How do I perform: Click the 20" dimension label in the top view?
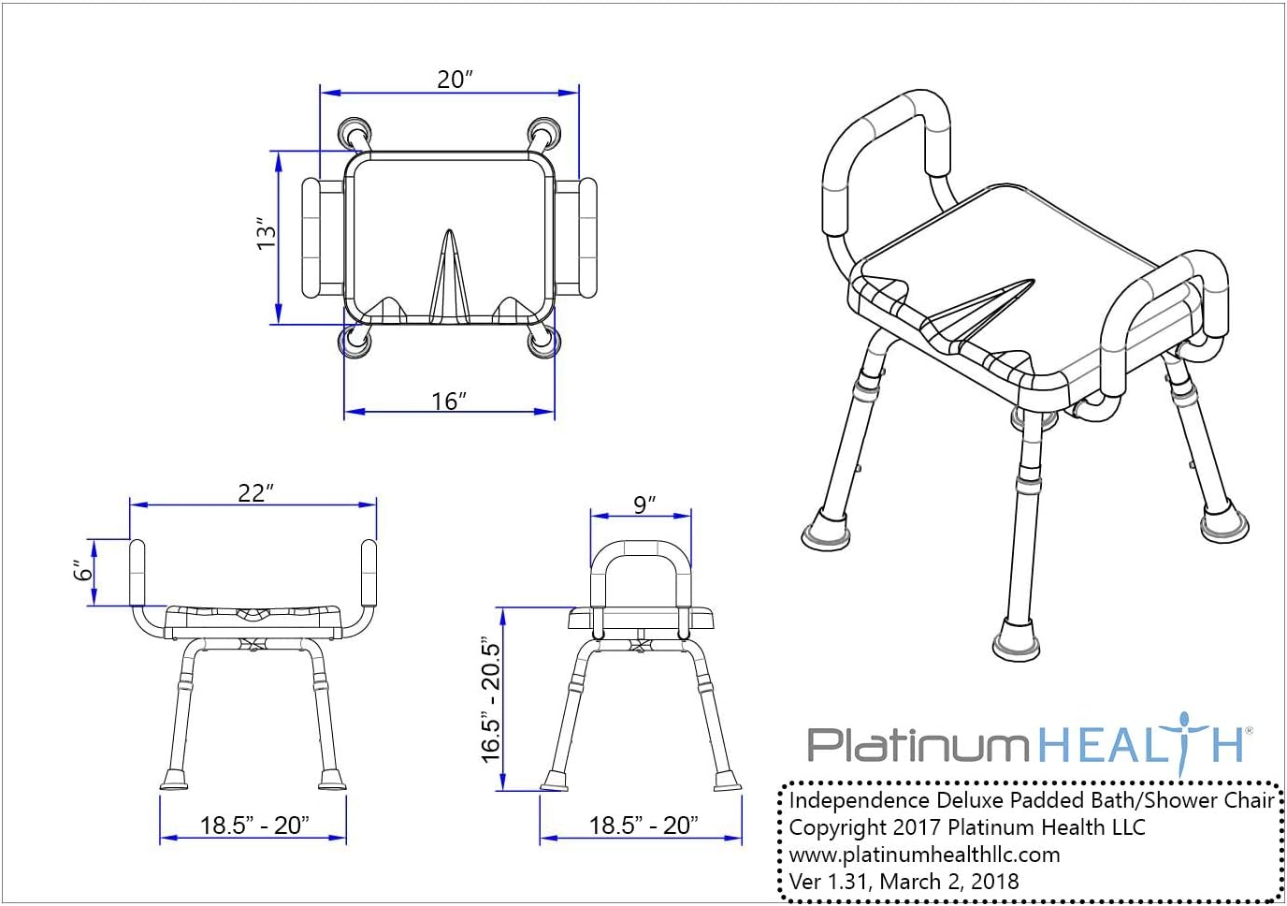click(x=455, y=79)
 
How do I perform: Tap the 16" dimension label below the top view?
click(x=449, y=401)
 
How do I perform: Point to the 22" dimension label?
click(x=255, y=492)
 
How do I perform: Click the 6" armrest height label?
click(x=84, y=569)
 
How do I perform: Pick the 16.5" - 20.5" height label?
click(x=491, y=700)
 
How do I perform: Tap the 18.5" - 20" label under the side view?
click(x=643, y=825)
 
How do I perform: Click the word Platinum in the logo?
click(x=917, y=745)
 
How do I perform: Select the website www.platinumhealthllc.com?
click(x=924, y=854)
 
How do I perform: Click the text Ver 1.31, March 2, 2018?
click(x=904, y=881)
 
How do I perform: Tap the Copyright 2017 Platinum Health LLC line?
click(x=966, y=827)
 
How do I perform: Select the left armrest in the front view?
click(x=137, y=571)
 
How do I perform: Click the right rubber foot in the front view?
click(x=332, y=778)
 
